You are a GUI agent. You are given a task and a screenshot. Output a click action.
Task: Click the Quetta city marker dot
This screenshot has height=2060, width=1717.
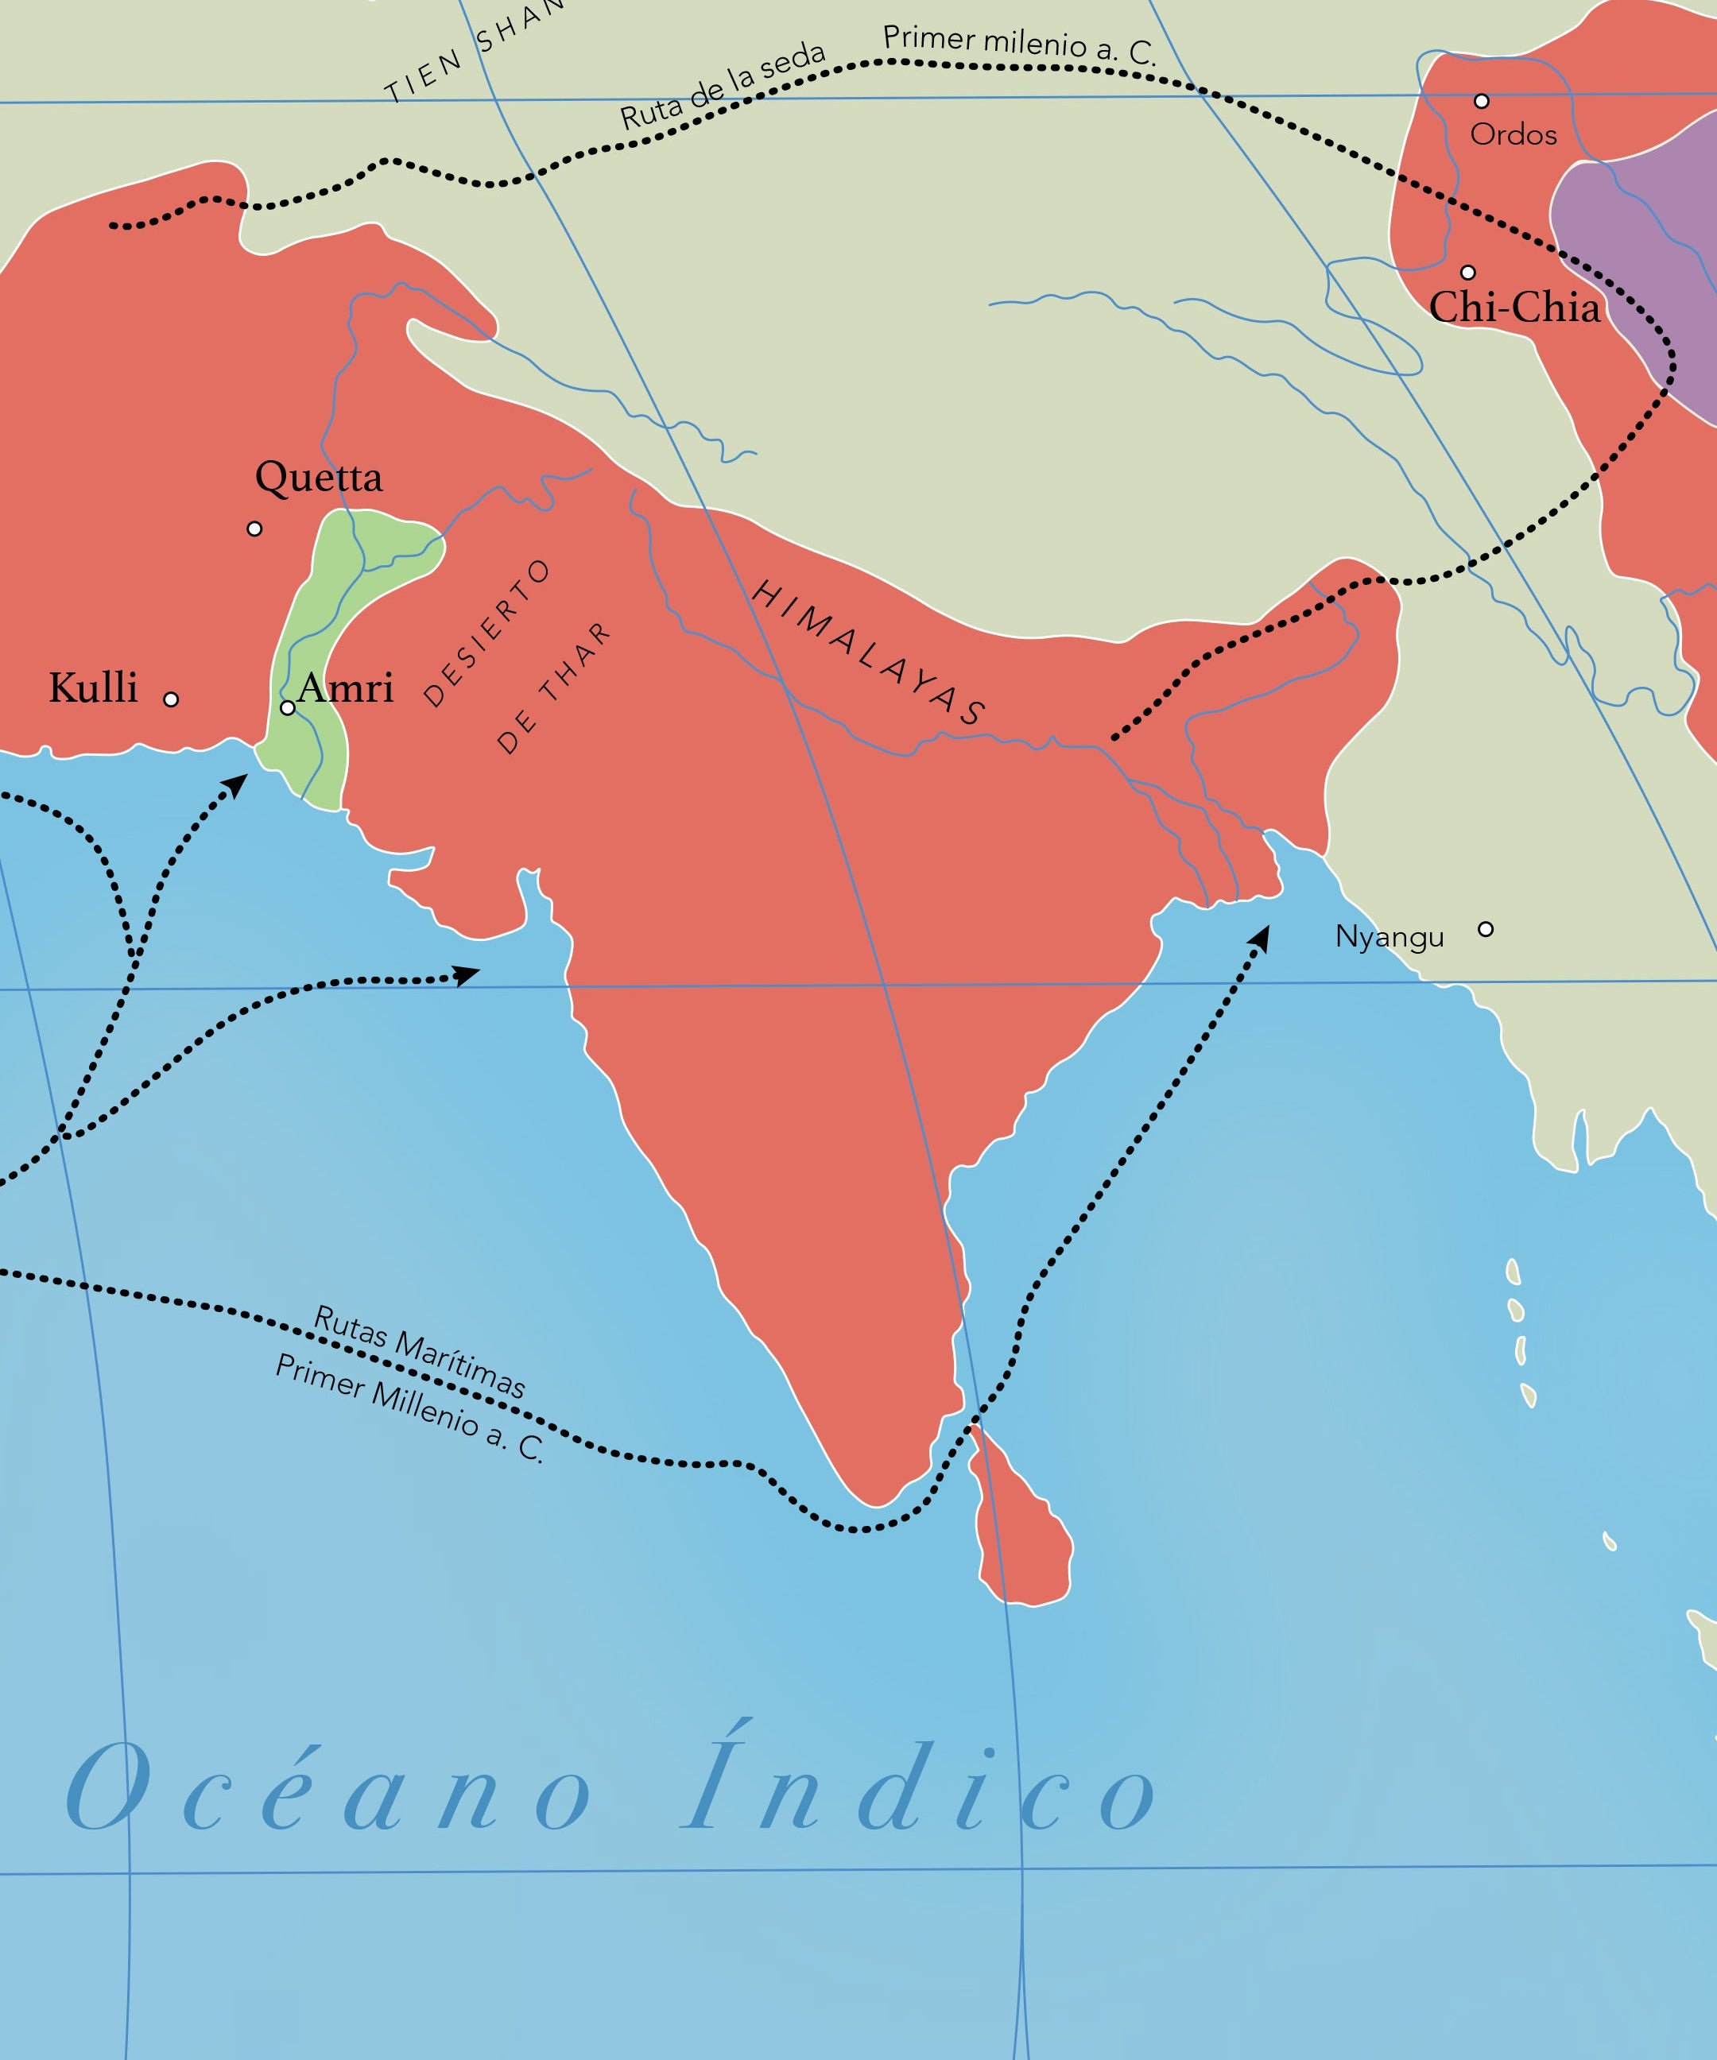(x=254, y=529)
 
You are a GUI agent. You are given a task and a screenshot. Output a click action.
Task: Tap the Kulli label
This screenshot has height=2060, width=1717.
(x=93, y=687)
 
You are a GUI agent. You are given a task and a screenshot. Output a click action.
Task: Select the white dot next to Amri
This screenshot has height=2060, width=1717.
(x=288, y=707)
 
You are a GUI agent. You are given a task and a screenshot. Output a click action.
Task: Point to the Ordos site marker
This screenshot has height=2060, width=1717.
(x=1482, y=101)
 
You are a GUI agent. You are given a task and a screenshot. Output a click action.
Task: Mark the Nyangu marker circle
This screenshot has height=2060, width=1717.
(x=1486, y=929)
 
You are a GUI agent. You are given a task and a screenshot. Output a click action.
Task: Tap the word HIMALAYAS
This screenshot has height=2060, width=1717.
(x=868, y=652)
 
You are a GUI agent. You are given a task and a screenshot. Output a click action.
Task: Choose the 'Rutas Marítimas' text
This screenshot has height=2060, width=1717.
(x=420, y=1352)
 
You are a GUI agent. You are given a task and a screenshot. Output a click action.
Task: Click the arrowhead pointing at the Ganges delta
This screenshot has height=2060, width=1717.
(x=1261, y=937)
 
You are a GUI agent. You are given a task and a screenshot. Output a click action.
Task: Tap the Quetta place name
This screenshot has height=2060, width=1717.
(x=318, y=478)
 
